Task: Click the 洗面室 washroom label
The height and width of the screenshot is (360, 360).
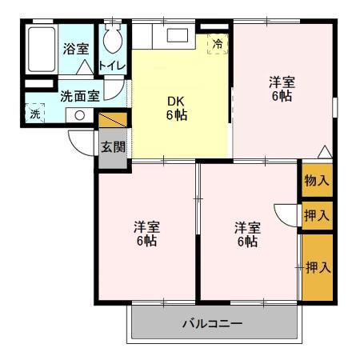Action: coord(80,96)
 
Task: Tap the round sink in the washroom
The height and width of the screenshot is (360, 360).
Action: coord(80,115)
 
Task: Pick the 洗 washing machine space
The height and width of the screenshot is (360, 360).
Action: coord(35,114)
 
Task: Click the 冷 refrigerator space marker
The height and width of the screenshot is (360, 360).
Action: coord(217,45)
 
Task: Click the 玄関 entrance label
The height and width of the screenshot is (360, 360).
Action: coord(113,146)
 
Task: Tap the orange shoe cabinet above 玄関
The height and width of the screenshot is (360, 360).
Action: coord(113,120)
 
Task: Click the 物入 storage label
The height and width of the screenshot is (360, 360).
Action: coord(317,181)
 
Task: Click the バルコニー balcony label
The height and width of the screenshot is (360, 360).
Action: coord(212,324)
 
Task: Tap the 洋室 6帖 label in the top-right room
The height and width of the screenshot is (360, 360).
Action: coord(282,89)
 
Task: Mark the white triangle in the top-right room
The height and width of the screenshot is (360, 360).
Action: coord(323,150)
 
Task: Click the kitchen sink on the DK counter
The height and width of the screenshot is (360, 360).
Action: coord(174,36)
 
